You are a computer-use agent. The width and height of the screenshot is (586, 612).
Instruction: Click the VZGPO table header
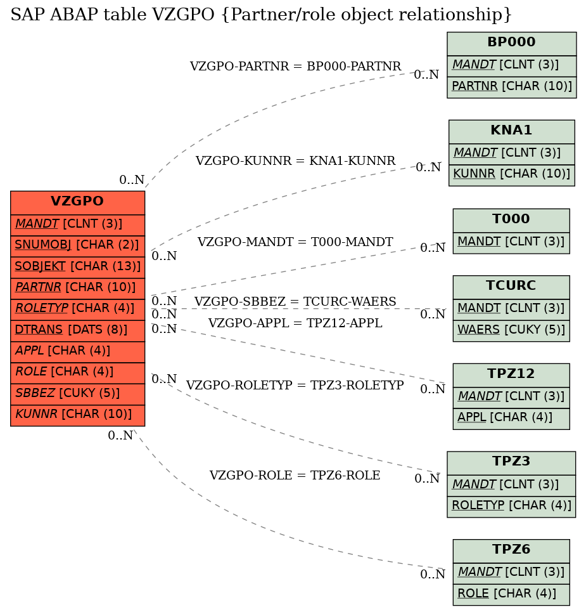pyautogui.click(x=77, y=202)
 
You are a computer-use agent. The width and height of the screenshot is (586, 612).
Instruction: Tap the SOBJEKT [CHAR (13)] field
pyautogui.click(x=77, y=267)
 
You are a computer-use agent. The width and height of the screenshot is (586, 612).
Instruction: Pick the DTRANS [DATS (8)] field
pyautogui.click(x=77, y=330)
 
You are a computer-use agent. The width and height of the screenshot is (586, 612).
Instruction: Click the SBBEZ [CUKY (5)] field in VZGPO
pyautogui.click(x=77, y=394)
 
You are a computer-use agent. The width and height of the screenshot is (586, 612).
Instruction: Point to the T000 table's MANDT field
pyautogui.click(x=511, y=243)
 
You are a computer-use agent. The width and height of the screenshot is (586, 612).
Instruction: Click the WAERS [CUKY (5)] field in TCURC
pyautogui.click(x=511, y=330)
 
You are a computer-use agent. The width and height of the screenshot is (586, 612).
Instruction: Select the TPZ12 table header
pyautogui.click(x=511, y=375)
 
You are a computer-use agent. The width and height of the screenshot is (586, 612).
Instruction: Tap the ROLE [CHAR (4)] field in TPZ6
pyautogui.click(x=511, y=594)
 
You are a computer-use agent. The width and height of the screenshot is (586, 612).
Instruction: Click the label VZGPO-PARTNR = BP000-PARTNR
pyautogui.click(x=296, y=67)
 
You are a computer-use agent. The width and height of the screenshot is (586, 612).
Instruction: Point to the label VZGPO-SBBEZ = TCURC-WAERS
pyautogui.click(x=295, y=302)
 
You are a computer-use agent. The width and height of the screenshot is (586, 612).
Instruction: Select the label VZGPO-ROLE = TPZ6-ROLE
pyautogui.click(x=295, y=476)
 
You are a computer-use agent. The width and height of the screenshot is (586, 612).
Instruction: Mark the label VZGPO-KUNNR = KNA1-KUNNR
pyautogui.click(x=296, y=161)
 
